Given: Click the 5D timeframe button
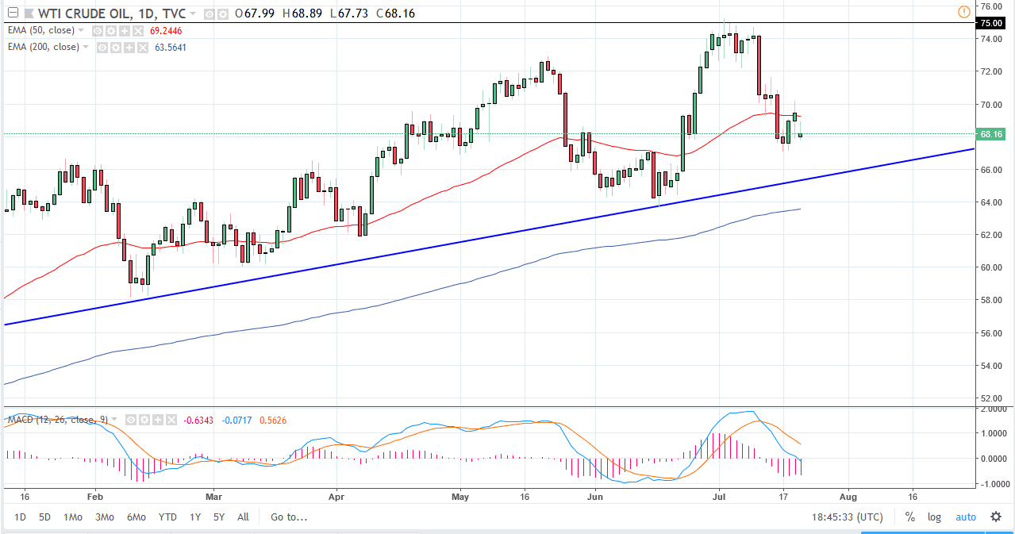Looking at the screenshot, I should click(x=44, y=517).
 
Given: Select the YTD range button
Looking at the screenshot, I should click(x=167, y=517).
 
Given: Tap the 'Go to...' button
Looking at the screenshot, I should click(x=288, y=517).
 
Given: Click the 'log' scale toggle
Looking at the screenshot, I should click(x=934, y=517).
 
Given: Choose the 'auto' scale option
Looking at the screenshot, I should click(x=965, y=517).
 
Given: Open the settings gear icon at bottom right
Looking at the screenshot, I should click(x=996, y=517).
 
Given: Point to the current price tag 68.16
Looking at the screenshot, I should click(x=993, y=134).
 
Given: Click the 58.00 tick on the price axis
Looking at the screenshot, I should click(x=991, y=300).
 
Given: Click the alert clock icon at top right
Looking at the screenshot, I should click(x=963, y=11).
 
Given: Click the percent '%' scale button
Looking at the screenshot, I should click(x=909, y=517).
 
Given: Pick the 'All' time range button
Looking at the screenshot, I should click(x=243, y=517).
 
